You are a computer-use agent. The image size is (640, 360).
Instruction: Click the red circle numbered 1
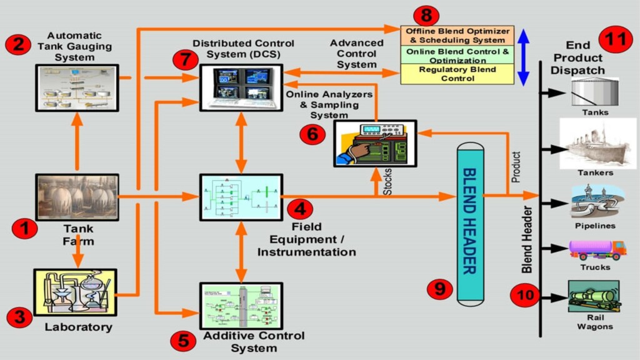coord(25,229)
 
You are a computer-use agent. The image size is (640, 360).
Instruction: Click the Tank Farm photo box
coord(77,197)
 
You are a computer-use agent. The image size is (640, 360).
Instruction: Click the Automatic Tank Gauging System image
coord(76,87)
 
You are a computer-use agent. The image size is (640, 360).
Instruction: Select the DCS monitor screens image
coord(241,87)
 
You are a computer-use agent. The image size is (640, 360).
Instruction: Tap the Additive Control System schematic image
coord(241,307)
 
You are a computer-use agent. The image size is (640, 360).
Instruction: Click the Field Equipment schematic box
coord(241,197)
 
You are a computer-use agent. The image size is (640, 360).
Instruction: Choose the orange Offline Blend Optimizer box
coord(456,35)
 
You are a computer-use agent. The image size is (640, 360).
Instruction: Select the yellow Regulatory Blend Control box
coord(456,74)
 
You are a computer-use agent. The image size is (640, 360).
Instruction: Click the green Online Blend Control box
coord(456,54)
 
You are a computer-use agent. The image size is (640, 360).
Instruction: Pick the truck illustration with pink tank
coord(597,249)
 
